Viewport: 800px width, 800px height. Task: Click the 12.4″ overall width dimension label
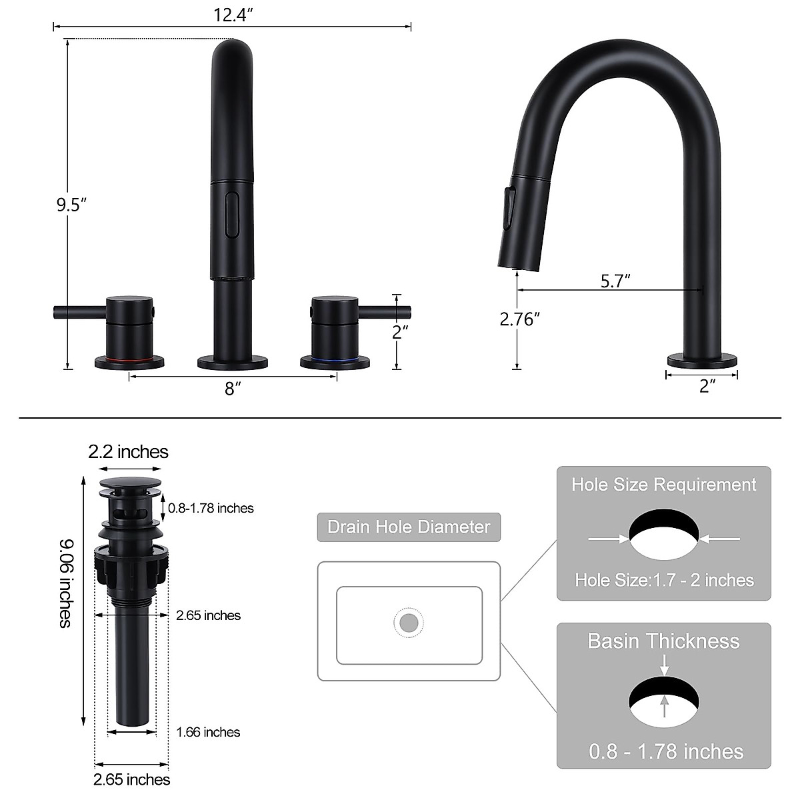233,15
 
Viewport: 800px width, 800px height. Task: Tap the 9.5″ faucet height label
71,205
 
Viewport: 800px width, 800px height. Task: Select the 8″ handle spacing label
233,389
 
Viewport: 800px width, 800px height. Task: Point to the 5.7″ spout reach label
615,281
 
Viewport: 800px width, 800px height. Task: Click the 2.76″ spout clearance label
519,319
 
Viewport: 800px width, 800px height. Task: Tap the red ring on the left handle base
129,358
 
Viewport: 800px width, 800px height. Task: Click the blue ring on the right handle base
335,358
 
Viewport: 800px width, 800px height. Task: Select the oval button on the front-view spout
231,214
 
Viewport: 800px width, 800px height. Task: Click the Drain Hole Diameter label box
409,527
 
